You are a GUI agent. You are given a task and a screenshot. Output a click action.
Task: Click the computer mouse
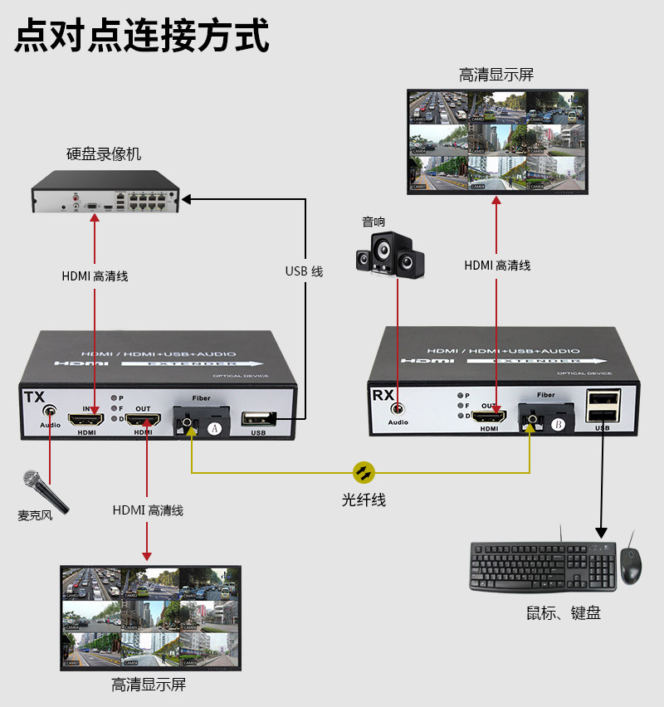630,565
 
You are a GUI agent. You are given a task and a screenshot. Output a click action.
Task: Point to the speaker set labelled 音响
389,253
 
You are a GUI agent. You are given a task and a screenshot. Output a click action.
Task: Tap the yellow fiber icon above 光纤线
364,472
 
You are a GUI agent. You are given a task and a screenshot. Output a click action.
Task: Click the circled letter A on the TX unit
216,428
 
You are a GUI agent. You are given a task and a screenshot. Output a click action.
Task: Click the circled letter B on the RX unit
558,425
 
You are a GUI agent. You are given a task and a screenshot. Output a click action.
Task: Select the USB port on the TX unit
258,421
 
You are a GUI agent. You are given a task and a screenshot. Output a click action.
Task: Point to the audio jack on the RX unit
398,409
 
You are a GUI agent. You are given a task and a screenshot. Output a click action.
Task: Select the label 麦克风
35,515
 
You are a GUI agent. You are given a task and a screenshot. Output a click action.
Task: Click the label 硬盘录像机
104,154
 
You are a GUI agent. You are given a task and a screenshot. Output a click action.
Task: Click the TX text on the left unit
34,397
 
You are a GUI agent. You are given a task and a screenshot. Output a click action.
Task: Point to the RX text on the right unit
383,395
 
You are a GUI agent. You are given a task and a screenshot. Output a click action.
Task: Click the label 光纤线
364,500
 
